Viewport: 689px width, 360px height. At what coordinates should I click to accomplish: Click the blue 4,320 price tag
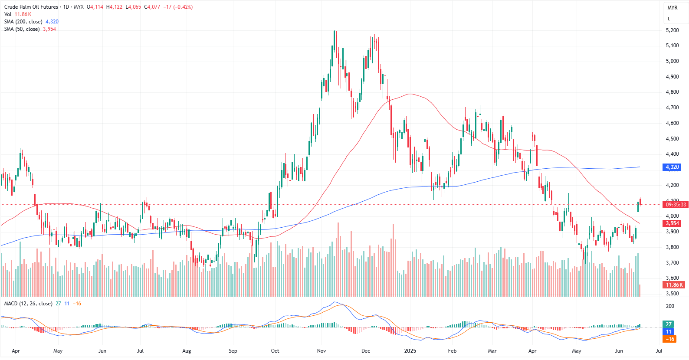coord(672,167)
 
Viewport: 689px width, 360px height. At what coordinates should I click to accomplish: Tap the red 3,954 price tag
coord(672,223)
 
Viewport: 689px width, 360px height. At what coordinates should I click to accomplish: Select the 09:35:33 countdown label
coord(676,204)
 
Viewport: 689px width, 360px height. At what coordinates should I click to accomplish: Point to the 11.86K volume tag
coord(674,285)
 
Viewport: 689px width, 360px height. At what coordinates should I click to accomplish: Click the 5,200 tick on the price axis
coord(672,30)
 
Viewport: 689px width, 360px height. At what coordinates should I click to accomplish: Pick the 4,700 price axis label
coord(672,108)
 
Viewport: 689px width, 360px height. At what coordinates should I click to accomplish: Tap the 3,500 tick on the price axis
coord(672,294)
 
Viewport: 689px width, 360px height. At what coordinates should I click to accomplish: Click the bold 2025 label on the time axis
coord(410,351)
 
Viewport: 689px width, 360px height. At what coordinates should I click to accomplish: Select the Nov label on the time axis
coord(322,351)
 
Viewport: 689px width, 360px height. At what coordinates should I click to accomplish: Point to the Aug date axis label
coord(187,351)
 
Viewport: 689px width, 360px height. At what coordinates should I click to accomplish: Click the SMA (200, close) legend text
coord(23,22)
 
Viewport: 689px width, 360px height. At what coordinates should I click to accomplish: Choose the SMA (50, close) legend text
coord(22,29)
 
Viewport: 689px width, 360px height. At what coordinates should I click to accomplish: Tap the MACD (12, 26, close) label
coord(28,304)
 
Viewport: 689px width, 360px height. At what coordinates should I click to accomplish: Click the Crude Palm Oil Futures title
coord(31,7)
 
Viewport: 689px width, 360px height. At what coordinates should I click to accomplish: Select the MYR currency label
coord(673,8)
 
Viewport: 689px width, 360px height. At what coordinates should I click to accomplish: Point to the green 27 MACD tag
coord(669,324)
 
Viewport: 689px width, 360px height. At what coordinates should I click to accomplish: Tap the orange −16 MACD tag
coord(670,339)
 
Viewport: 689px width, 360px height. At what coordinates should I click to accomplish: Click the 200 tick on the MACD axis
coord(670,306)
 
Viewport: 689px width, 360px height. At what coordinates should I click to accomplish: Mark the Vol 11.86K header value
coord(23,14)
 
